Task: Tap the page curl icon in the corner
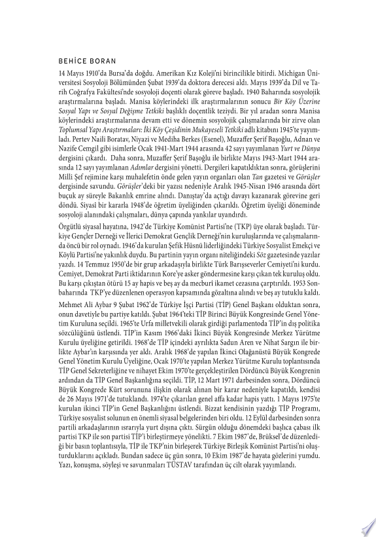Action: tap(366, 527)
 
